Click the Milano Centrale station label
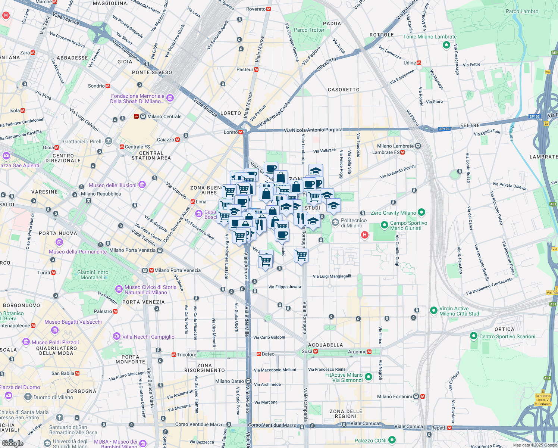(x=164, y=116)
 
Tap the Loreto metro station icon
(x=241, y=132)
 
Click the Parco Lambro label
(x=522, y=12)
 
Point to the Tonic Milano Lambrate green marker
(x=446, y=45)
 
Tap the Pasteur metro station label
(x=245, y=69)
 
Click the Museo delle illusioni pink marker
(x=142, y=185)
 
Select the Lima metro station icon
(x=192, y=202)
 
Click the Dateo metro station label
(x=268, y=354)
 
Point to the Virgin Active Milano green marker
(x=433, y=310)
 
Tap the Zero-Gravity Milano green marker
(x=421, y=212)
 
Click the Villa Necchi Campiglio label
(x=148, y=337)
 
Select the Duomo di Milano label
(x=53, y=397)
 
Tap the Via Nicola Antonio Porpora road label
(x=313, y=130)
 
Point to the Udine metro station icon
(x=419, y=63)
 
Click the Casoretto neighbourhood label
(x=344, y=90)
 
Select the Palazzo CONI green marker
(x=392, y=440)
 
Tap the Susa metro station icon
(x=316, y=351)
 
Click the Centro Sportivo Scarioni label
(x=507, y=336)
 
